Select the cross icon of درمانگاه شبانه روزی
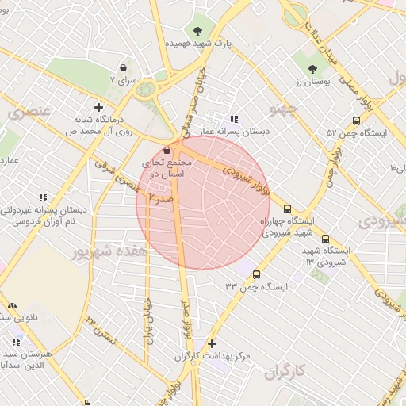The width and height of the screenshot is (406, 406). [98, 107]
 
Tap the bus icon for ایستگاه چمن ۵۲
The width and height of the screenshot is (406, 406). [356, 121]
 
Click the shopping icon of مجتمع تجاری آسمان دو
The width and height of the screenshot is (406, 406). [167, 150]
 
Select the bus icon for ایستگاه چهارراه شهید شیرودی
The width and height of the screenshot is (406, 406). [286, 208]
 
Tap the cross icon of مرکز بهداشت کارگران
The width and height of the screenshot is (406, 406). [211, 344]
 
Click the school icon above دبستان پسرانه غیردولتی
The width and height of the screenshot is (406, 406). [43, 197]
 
